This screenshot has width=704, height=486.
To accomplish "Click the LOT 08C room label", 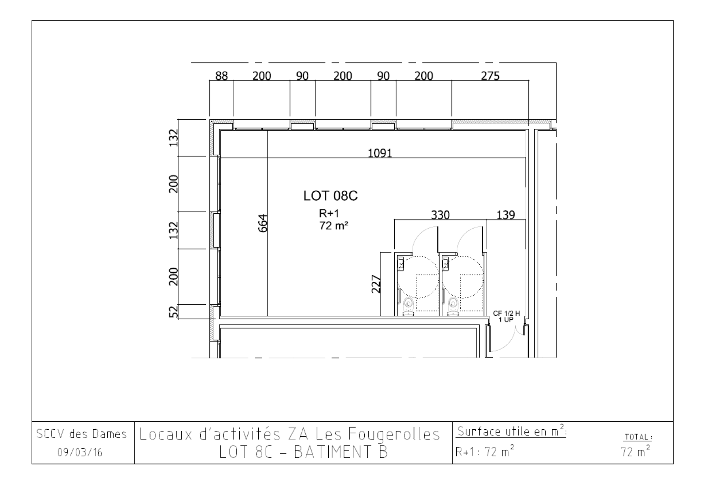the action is pos(330,196).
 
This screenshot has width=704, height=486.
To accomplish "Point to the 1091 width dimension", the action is pos(380,153).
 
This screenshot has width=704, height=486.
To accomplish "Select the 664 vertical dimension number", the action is pos(263,223).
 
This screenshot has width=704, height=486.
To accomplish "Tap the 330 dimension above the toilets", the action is pos(440,215).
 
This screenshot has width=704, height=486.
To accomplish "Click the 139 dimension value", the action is pos(506,215).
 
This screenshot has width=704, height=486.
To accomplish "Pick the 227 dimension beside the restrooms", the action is pos(376,284).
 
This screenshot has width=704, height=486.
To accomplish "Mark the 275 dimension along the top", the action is pos(490,76).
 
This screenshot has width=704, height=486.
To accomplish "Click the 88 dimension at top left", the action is pos(221,76).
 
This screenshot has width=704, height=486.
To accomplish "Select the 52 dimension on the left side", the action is pos(173,312).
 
